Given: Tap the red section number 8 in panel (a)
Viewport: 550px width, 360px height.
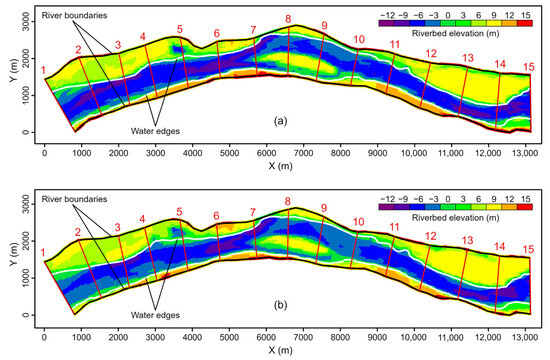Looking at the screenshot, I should click(288, 19).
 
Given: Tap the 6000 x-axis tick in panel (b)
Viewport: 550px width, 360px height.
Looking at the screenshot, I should click(265, 333).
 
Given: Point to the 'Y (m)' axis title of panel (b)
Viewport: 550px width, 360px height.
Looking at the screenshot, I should click(8, 256).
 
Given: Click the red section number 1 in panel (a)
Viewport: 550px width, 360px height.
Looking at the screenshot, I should click(43, 69).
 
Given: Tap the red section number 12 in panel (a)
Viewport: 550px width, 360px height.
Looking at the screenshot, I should click(431, 54).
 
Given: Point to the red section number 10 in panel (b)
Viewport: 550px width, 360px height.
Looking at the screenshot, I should click(359, 221).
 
